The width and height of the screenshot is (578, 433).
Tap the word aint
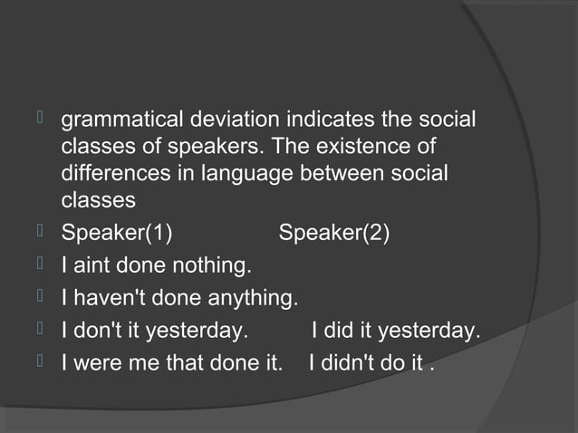tap(91, 266)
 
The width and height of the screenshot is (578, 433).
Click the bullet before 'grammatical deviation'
tap(38, 118)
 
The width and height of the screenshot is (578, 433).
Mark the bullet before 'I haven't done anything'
tap(38, 297)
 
